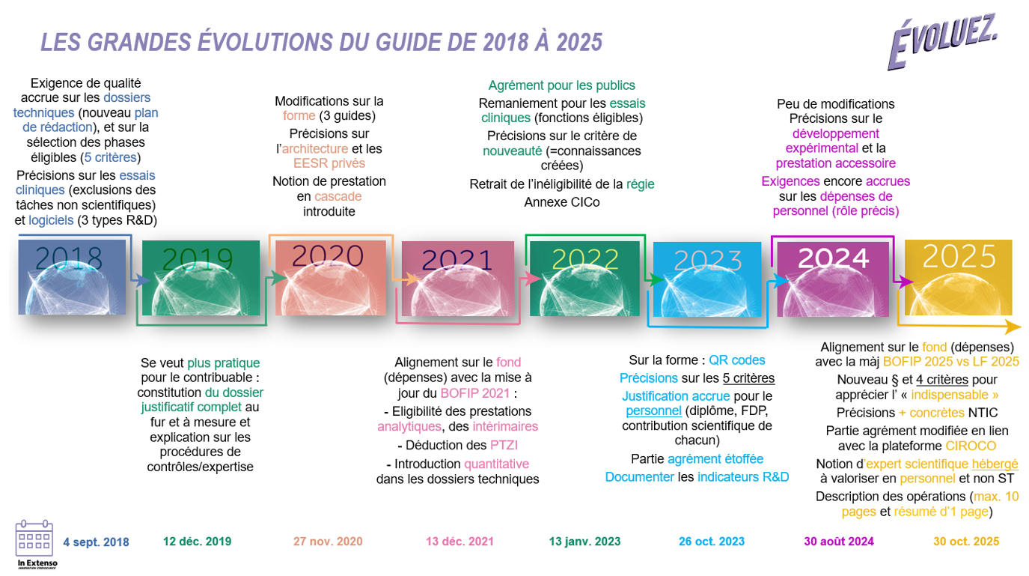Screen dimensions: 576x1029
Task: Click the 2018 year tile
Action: coord(72,277)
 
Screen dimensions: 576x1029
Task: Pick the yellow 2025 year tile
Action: coord(958,276)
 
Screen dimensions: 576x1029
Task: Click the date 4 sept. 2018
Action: coord(96,542)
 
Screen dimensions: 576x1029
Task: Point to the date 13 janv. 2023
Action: coord(584,542)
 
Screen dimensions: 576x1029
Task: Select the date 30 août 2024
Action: coord(838,542)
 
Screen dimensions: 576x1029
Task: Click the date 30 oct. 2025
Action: coord(965,542)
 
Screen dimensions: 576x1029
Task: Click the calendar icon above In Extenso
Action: coord(34,538)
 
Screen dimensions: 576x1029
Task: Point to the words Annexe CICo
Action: coord(561,202)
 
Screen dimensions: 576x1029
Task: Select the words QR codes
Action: coord(737,360)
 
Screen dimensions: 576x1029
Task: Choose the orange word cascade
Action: coord(338,196)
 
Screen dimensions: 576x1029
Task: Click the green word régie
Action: coord(640,184)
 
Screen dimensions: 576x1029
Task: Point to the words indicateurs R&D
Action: coord(743,477)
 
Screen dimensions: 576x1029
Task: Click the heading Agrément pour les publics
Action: coord(561,85)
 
